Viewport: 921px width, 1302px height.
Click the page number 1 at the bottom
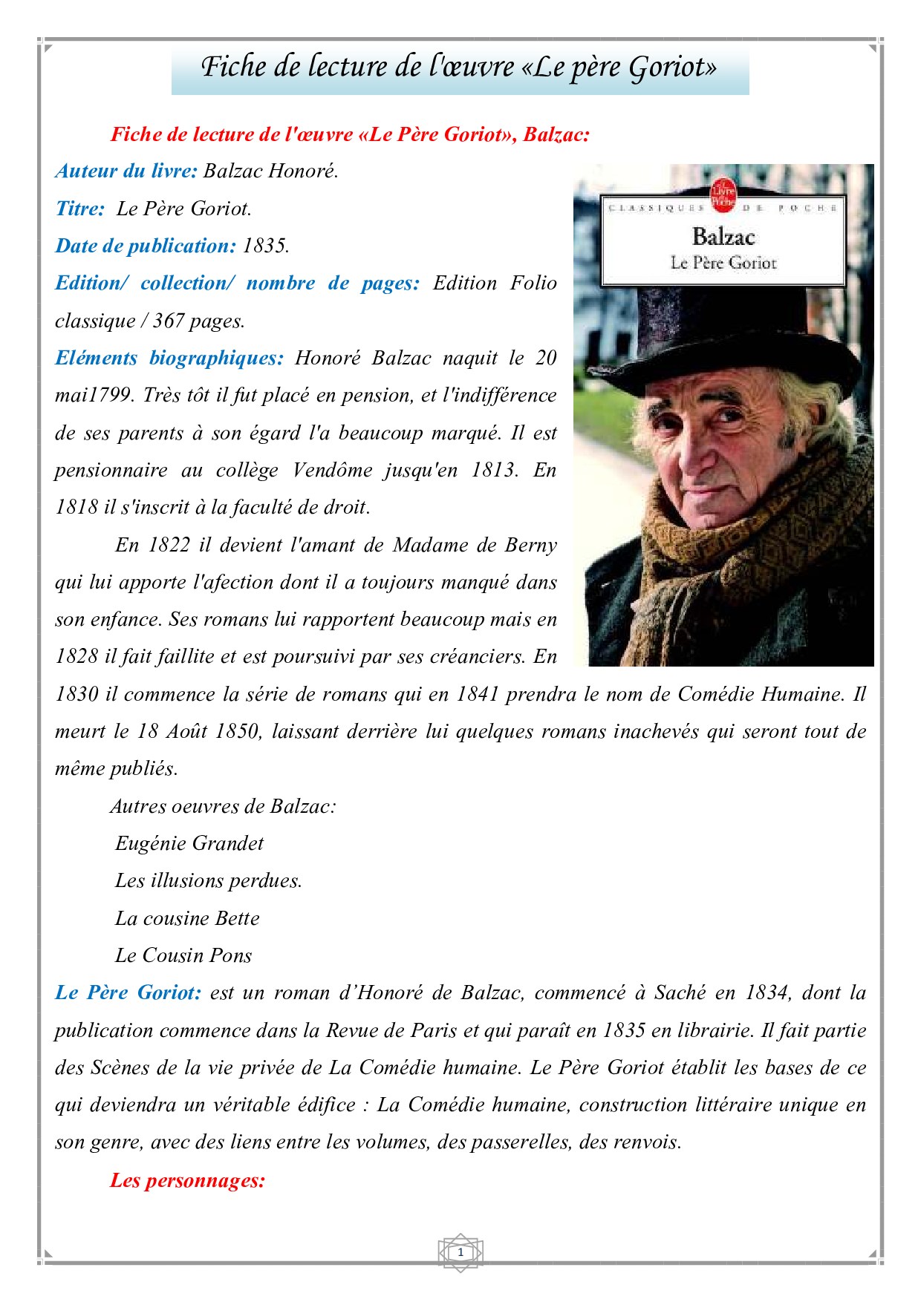tap(461, 1252)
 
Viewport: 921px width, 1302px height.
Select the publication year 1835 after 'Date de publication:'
tap(265, 246)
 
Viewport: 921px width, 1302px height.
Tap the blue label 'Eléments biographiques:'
tap(169, 358)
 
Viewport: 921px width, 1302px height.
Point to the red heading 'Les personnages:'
tap(187, 1180)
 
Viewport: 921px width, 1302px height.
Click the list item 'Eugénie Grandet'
tap(189, 843)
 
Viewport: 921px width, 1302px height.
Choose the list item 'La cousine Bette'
tap(187, 918)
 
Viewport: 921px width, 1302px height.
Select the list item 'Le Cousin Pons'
tap(183, 955)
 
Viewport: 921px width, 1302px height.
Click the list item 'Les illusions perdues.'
tap(208, 880)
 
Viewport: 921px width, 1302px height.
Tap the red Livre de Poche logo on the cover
tap(722, 194)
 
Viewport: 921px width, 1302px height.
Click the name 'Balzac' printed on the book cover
tap(723, 237)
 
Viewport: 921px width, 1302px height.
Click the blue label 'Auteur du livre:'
tap(126, 171)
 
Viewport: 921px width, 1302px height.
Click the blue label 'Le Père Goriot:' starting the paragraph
tap(128, 992)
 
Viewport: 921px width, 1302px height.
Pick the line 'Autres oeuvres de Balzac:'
tap(223, 806)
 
